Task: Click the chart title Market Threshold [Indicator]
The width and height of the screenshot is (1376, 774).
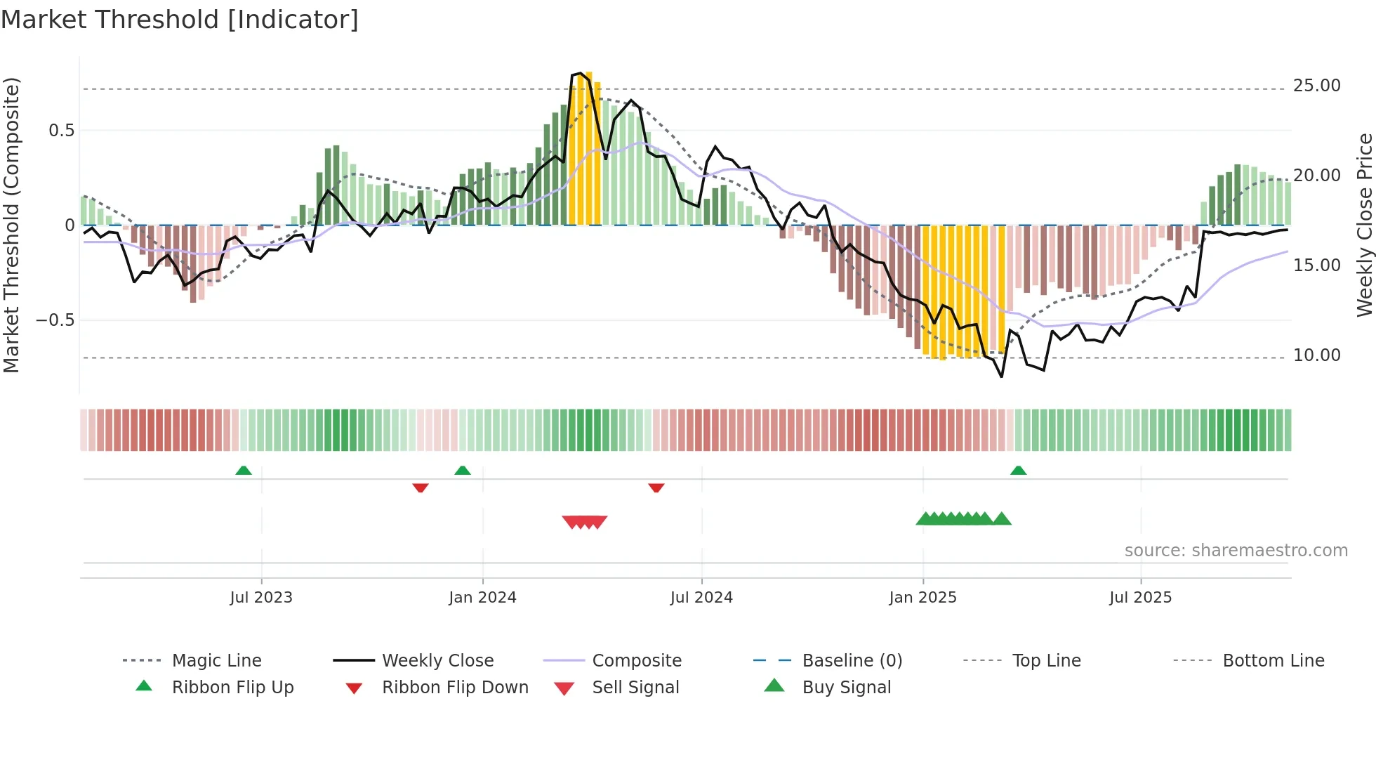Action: (x=180, y=20)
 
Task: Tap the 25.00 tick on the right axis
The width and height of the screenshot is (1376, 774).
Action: (x=1316, y=86)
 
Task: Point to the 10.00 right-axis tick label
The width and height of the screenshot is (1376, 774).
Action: (x=1316, y=355)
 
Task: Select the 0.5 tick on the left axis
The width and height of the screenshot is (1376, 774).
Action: (x=62, y=131)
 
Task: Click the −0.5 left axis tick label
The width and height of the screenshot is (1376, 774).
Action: (x=55, y=320)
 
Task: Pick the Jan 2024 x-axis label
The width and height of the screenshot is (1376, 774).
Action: (x=482, y=598)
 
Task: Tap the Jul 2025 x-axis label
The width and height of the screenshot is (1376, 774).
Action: (x=1140, y=598)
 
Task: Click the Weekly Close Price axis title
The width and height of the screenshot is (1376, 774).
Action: (x=1364, y=225)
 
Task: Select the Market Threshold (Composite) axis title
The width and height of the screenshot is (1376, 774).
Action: (x=11, y=225)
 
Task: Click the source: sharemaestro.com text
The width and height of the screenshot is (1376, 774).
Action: (x=1236, y=551)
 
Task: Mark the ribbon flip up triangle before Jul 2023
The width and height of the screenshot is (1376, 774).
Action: (x=244, y=471)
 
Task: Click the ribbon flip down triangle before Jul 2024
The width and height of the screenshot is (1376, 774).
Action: (x=656, y=487)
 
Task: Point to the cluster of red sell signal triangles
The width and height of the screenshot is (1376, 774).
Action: (x=585, y=522)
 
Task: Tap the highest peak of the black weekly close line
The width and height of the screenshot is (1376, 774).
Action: (x=580, y=73)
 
